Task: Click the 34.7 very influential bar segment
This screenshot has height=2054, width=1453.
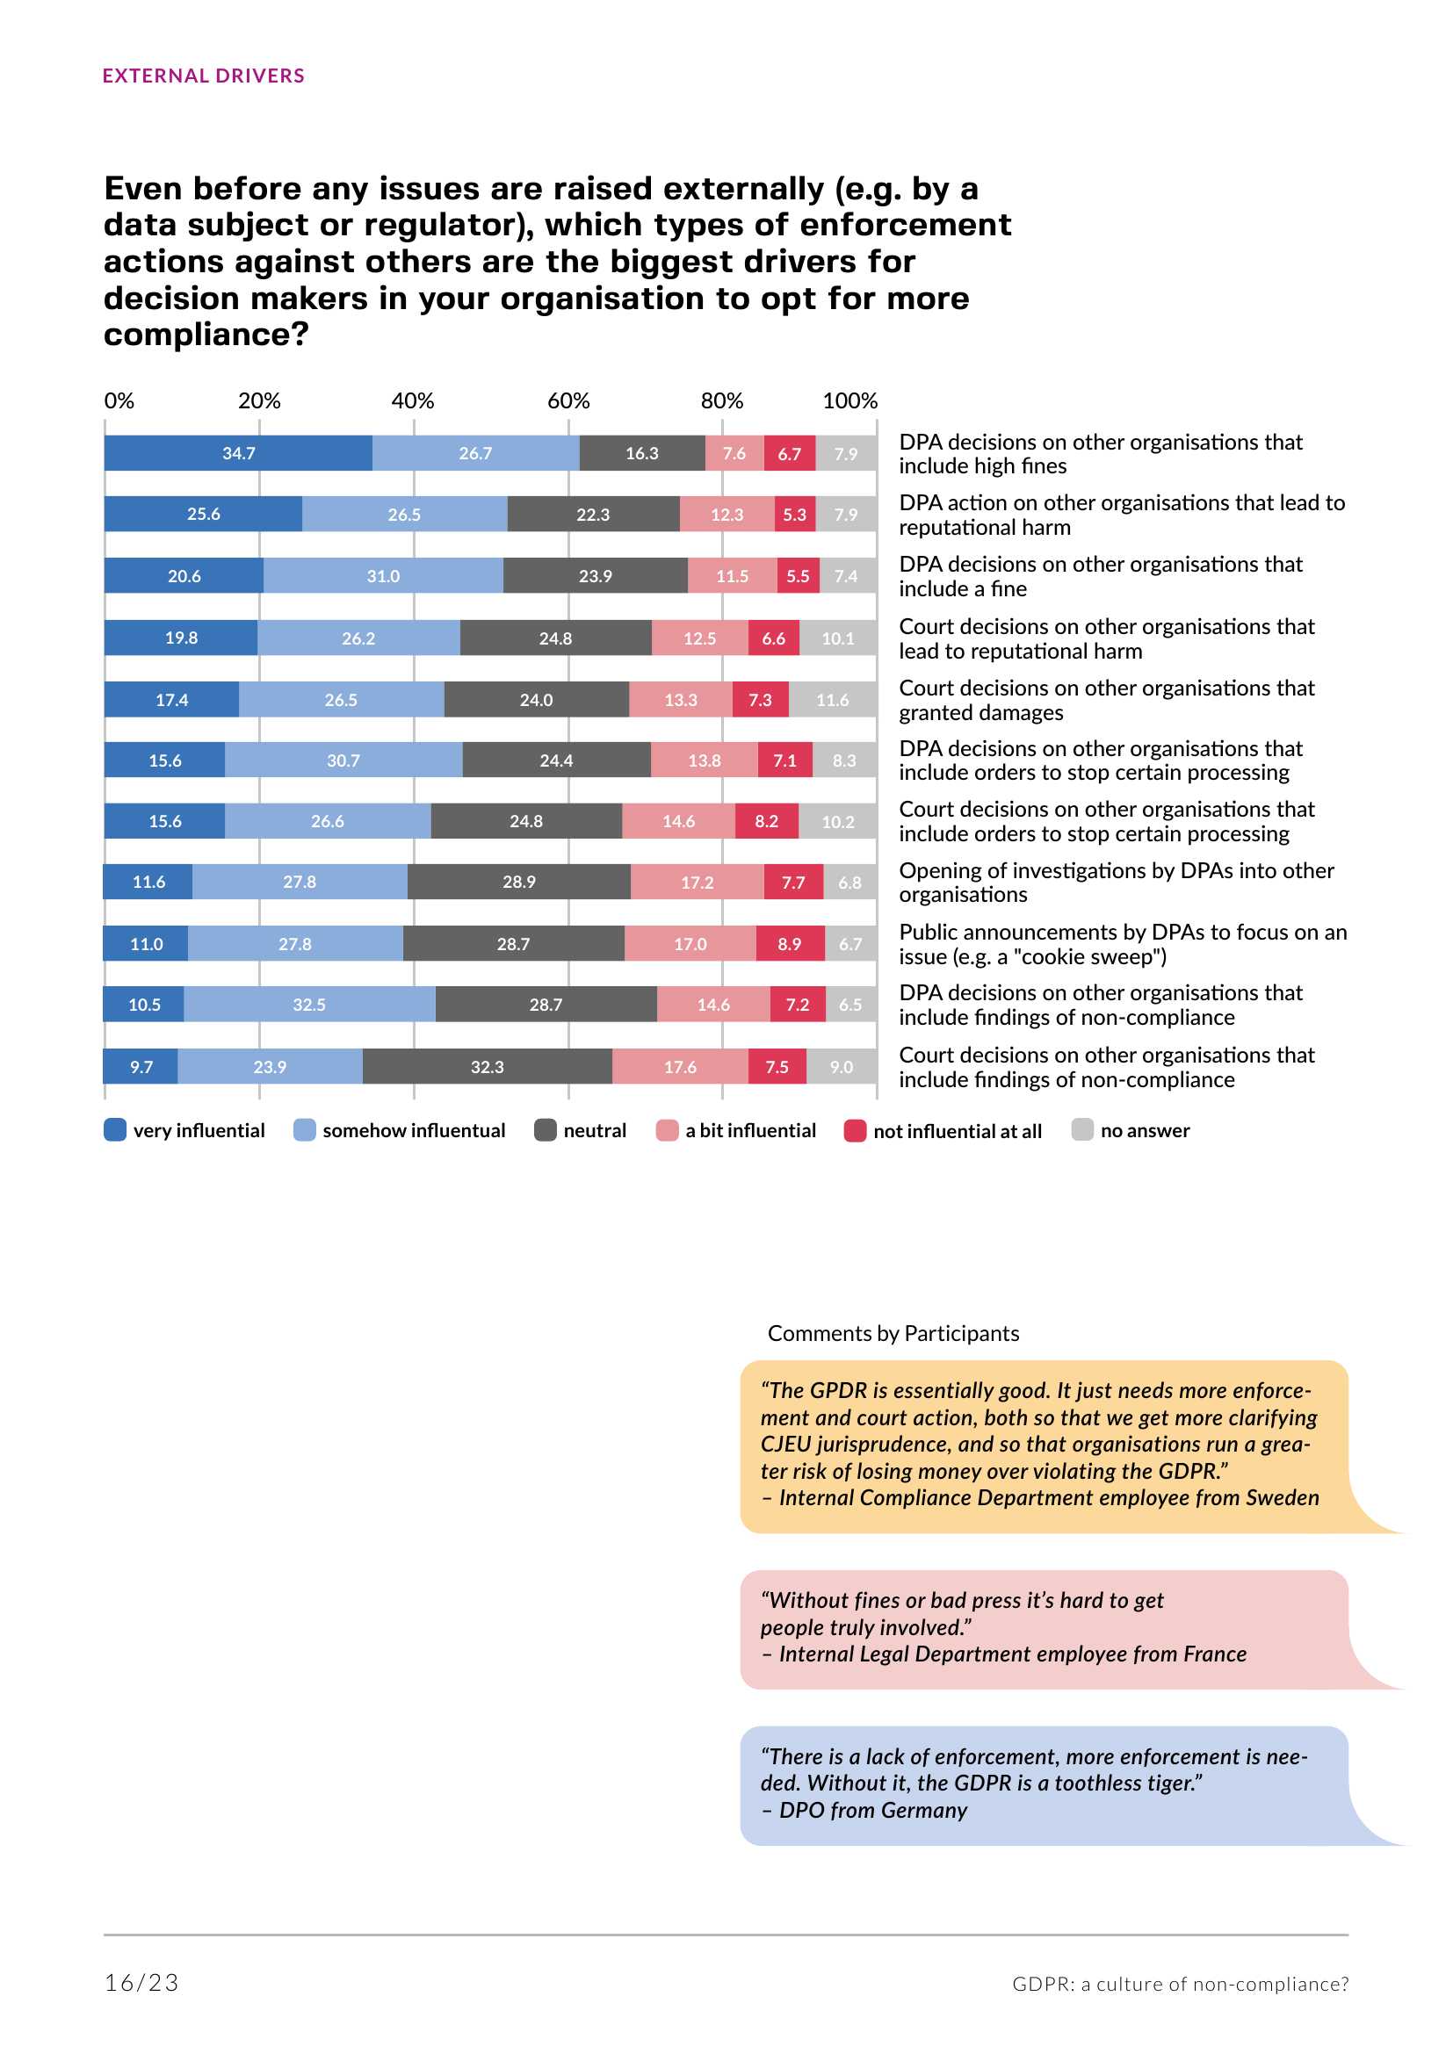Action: click(238, 453)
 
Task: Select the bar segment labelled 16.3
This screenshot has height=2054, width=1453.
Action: click(641, 453)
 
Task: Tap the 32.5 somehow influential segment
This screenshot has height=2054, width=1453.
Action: click(308, 1005)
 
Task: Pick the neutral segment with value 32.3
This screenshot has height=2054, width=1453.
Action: click(487, 1066)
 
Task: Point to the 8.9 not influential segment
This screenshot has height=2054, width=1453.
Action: click(789, 944)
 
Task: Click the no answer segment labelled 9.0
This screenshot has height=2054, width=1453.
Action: click(841, 1066)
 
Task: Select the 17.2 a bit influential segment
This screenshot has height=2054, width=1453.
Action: click(697, 882)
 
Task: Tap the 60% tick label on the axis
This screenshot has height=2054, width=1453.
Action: click(568, 400)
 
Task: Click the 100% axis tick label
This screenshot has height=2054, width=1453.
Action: click(849, 400)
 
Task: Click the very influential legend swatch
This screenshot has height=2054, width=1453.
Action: click(115, 1130)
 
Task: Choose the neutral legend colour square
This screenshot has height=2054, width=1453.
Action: click(545, 1130)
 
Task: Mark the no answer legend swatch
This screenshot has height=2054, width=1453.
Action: click(1081, 1130)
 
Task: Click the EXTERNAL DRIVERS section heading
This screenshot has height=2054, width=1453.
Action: click(203, 76)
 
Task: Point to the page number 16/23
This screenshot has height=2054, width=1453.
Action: click(141, 1984)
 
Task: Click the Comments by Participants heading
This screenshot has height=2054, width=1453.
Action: click(892, 1333)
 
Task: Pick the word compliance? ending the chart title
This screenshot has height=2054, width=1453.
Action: click(206, 335)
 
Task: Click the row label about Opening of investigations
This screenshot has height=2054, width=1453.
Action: click(1116, 882)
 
